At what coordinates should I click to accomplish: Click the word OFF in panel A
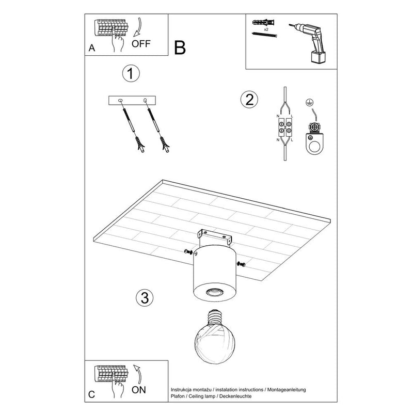pyautogui.click(x=141, y=43)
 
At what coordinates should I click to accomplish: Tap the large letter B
pyautogui.click(x=179, y=48)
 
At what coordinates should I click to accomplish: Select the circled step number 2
pyautogui.click(x=250, y=100)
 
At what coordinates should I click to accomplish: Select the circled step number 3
pyautogui.click(x=145, y=297)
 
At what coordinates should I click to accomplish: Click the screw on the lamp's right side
pyautogui.click(x=241, y=264)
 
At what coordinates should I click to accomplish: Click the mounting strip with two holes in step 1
pyautogui.click(x=132, y=100)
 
